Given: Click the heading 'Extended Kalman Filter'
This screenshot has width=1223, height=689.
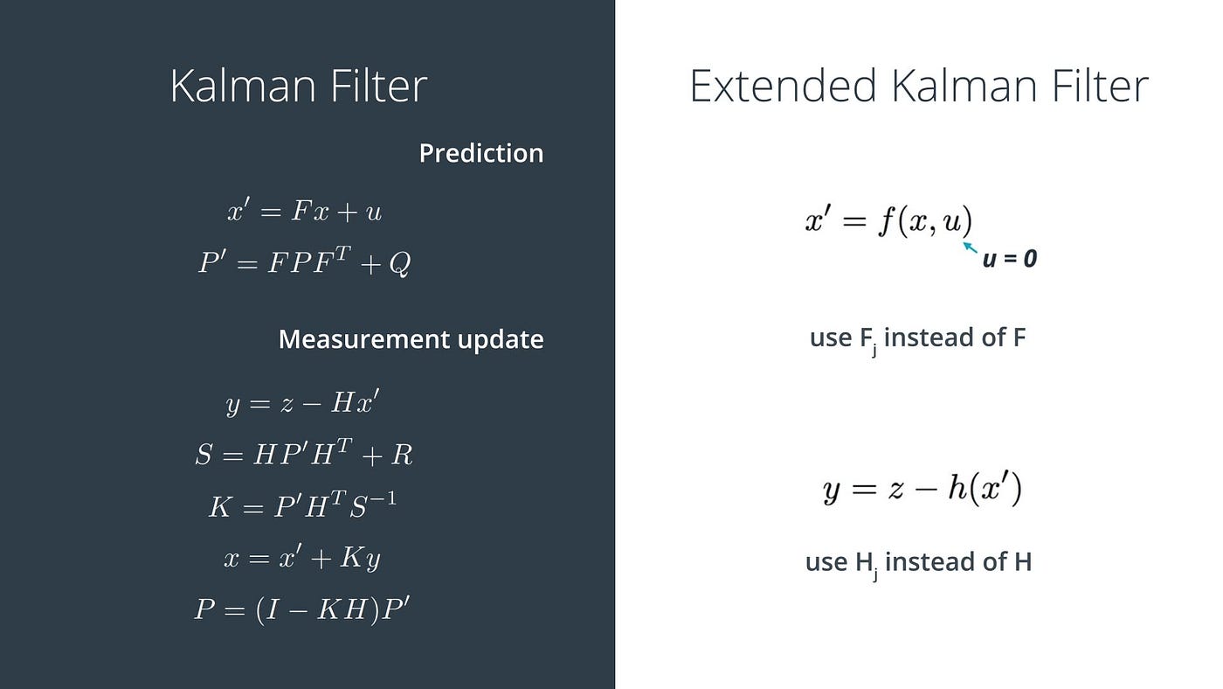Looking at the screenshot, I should coord(918,87).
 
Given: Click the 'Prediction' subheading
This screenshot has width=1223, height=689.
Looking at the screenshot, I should coord(481,153).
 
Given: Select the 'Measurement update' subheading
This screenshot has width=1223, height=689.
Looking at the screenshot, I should coord(411,339).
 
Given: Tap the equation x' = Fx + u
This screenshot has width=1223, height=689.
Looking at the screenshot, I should coord(303,212).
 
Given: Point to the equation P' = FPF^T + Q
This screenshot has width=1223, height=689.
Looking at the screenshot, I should coord(304,262).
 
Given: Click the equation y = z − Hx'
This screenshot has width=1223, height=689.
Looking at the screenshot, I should coord(302,403).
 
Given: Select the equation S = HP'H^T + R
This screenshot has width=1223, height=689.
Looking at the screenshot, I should coord(303,454).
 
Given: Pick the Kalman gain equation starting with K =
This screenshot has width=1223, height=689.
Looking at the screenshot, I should coord(302,505).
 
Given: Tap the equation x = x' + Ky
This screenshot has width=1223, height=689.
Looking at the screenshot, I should coord(302,558).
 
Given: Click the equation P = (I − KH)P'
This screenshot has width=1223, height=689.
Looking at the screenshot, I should coord(302,609).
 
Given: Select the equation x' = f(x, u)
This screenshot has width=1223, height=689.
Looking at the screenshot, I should coord(888,221).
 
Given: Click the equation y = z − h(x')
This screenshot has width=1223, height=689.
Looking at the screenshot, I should coord(922,489).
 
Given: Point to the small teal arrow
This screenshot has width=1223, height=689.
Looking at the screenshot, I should coord(970,247).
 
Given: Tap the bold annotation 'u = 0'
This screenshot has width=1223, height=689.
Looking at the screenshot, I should coord(1010,259).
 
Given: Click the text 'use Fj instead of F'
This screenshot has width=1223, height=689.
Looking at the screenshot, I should coord(917,338).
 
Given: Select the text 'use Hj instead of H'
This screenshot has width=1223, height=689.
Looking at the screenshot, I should coord(918,562).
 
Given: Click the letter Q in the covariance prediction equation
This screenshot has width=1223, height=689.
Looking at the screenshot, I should coord(399,264).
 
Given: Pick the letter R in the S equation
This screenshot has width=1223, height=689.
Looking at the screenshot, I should coord(403,455).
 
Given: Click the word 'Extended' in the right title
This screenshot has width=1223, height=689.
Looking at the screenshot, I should coord(783,87).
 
